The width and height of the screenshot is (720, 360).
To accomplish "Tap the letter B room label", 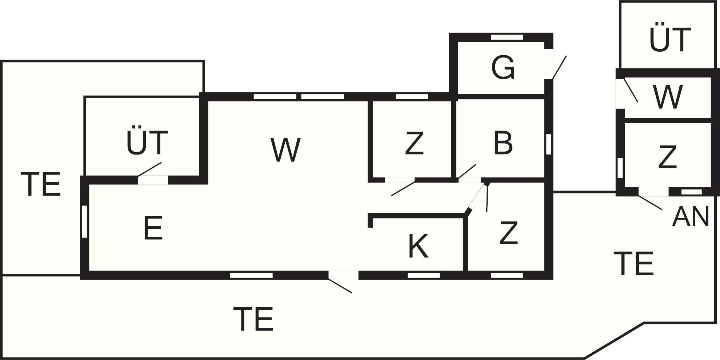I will click(x=503, y=143).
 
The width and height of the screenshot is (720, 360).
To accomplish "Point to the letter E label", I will click(x=153, y=228).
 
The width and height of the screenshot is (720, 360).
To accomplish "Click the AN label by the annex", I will click(x=691, y=217).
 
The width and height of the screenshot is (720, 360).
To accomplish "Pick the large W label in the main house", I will click(x=285, y=150).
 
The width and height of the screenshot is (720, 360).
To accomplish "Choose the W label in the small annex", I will click(x=667, y=97).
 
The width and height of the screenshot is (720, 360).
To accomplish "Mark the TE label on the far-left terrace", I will click(x=40, y=185).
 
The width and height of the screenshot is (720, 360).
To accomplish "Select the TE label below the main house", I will click(x=253, y=319).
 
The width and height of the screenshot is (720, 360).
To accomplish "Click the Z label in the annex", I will click(x=668, y=157).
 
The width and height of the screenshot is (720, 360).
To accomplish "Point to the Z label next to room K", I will click(x=508, y=233).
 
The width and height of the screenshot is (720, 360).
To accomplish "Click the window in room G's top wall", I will click(x=507, y=37).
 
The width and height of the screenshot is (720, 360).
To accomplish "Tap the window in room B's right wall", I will click(x=549, y=144).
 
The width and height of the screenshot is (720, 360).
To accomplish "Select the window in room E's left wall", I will click(x=84, y=222).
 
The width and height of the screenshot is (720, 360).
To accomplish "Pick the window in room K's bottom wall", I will click(x=424, y=275).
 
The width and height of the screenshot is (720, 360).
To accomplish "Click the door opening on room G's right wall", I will click(x=549, y=64).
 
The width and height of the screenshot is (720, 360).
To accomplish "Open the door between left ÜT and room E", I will click(x=153, y=180).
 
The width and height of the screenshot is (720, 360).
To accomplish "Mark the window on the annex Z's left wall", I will click(x=620, y=168).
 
